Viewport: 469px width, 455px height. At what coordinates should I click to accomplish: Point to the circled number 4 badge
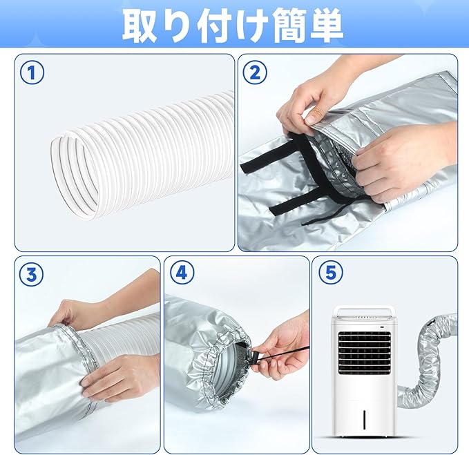(x=182, y=273)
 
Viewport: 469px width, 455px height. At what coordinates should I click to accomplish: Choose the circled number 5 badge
(x=330, y=273)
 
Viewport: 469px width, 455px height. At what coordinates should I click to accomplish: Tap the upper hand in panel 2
(x=311, y=97)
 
